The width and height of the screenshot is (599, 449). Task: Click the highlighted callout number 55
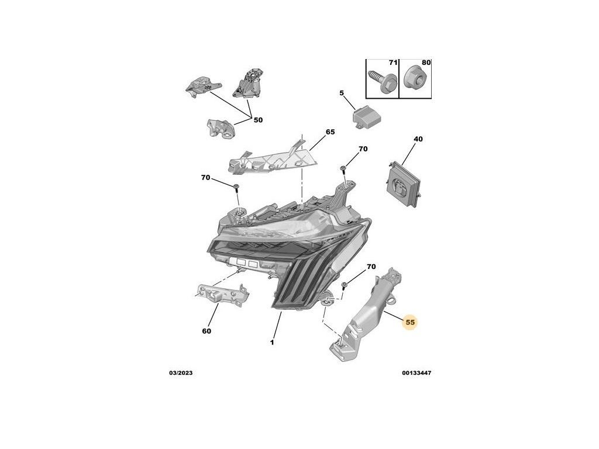(x=410, y=322)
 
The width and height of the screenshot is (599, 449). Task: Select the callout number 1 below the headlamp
(x=272, y=343)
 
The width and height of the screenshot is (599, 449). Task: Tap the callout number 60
(x=206, y=331)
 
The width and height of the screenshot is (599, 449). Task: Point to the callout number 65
(x=330, y=132)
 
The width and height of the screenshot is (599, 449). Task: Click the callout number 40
(x=418, y=139)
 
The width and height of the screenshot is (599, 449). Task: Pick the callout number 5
(x=342, y=93)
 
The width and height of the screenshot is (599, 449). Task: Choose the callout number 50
(x=258, y=120)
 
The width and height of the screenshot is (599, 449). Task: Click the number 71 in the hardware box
(x=393, y=62)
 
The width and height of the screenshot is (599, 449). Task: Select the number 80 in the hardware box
(x=426, y=62)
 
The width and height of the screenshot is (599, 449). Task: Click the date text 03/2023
(x=180, y=373)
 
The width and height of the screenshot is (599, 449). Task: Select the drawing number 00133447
(x=416, y=373)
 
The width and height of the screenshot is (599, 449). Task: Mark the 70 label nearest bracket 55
(x=371, y=267)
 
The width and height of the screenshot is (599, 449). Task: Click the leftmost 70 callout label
(x=205, y=177)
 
